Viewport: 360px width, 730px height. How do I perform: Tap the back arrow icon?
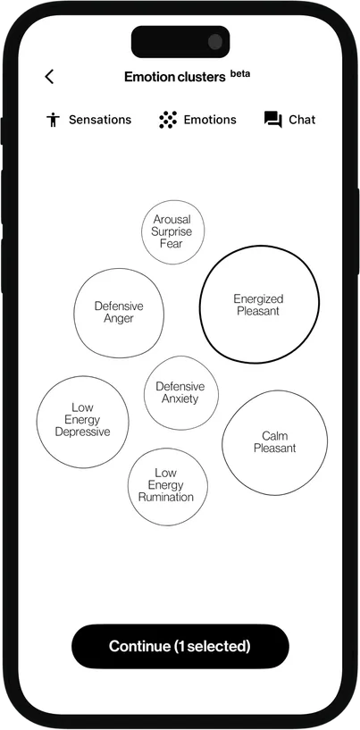pos(49,77)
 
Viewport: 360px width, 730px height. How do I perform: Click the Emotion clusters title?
pos(174,77)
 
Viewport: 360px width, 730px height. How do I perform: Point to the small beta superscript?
pos(240,73)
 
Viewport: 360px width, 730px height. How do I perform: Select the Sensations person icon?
pos(53,120)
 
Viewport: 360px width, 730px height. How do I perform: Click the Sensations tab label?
pos(100,120)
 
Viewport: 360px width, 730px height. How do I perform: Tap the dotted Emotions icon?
pos(167,120)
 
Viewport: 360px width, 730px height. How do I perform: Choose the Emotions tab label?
pos(210,120)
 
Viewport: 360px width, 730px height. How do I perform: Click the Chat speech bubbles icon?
pos(272,120)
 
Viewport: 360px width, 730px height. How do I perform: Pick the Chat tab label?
pos(302,120)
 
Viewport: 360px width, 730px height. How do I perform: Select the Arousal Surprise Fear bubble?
pos(172,231)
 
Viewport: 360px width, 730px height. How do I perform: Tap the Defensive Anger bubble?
pos(119,313)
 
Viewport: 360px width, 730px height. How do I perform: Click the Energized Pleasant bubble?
pos(258,305)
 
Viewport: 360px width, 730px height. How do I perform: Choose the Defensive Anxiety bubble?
pos(180,392)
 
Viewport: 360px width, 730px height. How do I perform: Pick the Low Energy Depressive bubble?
pos(82,421)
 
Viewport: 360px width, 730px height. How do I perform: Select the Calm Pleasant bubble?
pos(274,442)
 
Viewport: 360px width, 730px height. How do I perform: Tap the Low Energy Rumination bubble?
pos(166,485)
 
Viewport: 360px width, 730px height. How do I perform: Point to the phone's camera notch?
pos(180,41)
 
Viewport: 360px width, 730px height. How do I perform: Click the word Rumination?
pos(166,497)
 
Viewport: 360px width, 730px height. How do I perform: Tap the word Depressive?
pos(82,432)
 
